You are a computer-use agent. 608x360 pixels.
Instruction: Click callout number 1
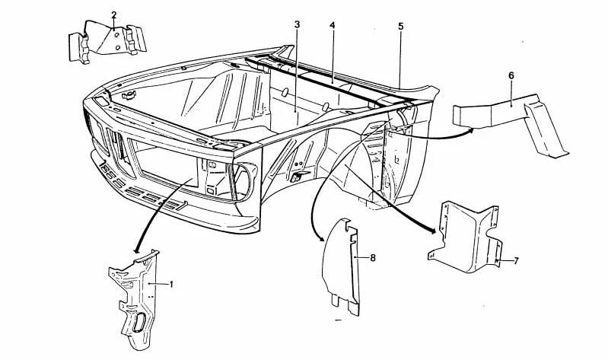171,285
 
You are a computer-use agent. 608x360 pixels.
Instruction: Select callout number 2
113,15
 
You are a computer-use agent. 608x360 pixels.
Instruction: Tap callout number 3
297,25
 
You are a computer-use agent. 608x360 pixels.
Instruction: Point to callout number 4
333,25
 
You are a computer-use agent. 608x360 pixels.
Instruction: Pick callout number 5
400,26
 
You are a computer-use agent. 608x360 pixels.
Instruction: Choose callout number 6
511,75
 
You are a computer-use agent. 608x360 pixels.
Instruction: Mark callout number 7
516,261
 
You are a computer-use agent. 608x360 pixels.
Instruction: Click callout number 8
373,257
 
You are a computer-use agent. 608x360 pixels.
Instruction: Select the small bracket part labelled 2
108,42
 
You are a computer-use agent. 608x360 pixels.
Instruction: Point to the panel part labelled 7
465,237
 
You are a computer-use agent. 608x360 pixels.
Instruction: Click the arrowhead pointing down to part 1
136,250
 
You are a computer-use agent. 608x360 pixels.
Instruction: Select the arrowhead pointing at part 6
470,130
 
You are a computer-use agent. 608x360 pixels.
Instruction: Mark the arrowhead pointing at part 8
320,237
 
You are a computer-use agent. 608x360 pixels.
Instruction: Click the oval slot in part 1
138,322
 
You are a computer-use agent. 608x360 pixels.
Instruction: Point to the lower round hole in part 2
118,48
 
